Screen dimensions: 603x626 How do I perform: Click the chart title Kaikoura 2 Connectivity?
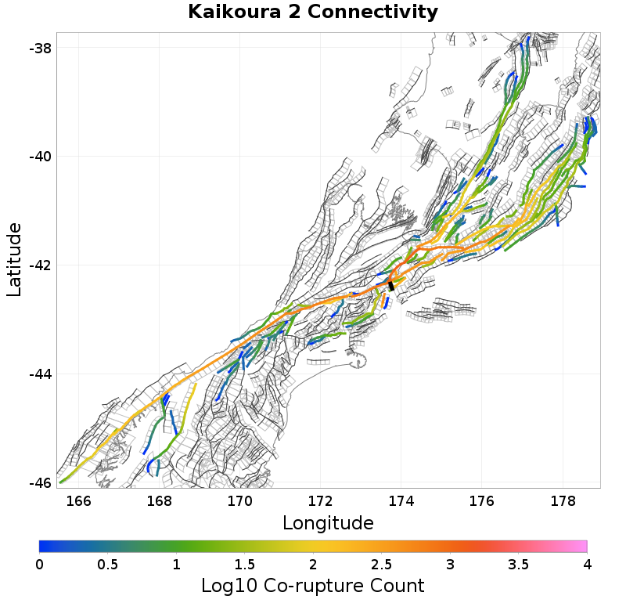coord(313,13)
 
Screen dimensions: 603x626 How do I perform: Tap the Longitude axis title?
coord(328,522)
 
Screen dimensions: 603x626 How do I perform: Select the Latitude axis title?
coord(14,258)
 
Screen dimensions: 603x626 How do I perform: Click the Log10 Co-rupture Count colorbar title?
coord(312,585)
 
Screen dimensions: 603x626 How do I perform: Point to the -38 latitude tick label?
coord(39,48)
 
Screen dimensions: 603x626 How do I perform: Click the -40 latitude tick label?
coord(39,157)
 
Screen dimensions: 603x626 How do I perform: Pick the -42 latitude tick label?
coord(39,265)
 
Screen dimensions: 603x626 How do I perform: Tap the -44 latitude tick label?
coord(39,374)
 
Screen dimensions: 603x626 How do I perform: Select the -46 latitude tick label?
coord(39,482)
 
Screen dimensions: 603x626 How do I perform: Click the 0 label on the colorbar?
coord(40,565)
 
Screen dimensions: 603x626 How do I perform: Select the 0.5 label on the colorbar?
coord(108,565)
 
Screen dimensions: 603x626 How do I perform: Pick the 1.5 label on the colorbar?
coord(245,565)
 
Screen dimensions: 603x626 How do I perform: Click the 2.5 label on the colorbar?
coord(382,565)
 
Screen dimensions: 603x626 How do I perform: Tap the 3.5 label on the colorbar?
coord(519,565)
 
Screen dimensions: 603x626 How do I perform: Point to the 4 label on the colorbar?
coord(587,565)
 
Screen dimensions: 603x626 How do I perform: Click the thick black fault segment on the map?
coord(391,286)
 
